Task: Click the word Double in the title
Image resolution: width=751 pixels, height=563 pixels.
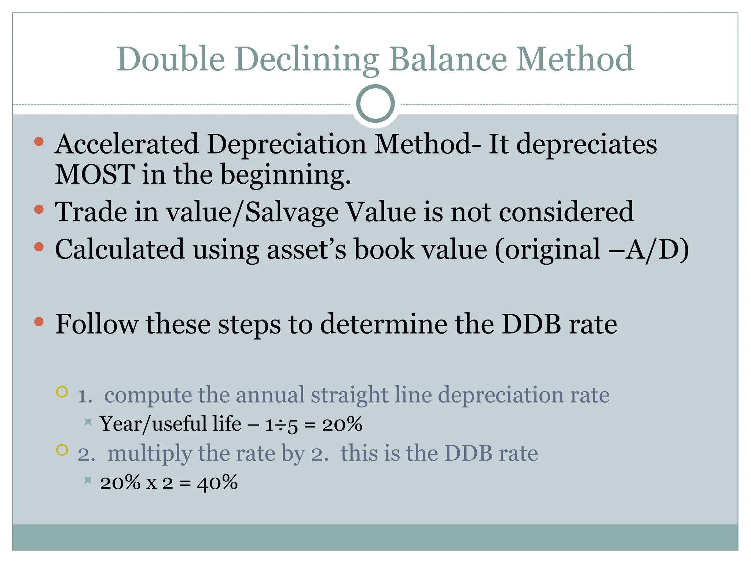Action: pyautogui.click(x=171, y=59)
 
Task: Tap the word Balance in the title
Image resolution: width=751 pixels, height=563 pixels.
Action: pyautogui.click(x=448, y=59)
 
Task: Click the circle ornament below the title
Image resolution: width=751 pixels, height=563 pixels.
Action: pyautogui.click(x=375, y=104)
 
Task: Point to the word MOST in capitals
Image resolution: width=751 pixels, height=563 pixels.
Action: pyautogui.click(x=95, y=174)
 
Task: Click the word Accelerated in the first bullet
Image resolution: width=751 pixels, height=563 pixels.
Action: pyautogui.click(x=127, y=144)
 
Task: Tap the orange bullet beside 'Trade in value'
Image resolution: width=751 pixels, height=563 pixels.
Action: pyautogui.click(x=39, y=209)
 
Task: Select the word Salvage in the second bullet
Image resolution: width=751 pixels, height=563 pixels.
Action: pyautogui.click(x=292, y=212)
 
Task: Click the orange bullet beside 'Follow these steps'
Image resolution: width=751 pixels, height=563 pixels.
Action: pyautogui.click(x=39, y=322)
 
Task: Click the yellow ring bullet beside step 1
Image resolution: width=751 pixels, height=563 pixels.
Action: pyautogui.click(x=62, y=392)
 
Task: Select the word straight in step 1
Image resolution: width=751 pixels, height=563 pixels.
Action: pyautogui.click(x=349, y=395)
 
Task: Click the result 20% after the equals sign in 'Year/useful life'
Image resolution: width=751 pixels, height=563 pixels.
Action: pyautogui.click(x=342, y=424)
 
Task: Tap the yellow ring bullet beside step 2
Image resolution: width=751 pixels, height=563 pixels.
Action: pyautogui.click(x=62, y=450)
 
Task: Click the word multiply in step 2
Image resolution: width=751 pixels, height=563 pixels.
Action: pyautogui.click(x=150, y=454)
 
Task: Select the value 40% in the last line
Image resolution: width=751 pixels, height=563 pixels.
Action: pyautogui.click(x=217, y=483)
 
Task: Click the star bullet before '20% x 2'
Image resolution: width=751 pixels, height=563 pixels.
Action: pyautogui.click(x=88, y=480)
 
